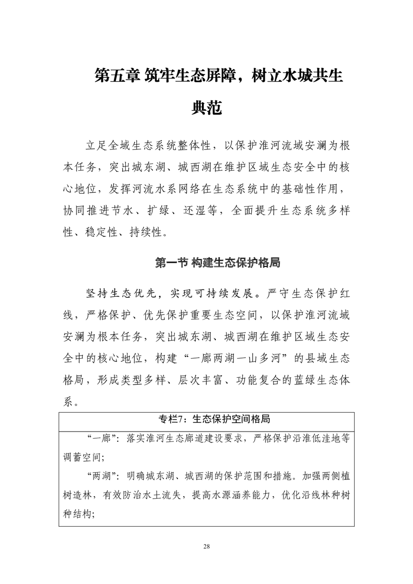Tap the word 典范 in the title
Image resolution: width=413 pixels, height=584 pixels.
[206, 108]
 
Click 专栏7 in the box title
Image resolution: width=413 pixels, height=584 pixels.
[173, 418]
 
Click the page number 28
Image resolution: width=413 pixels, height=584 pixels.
[206, 546]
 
